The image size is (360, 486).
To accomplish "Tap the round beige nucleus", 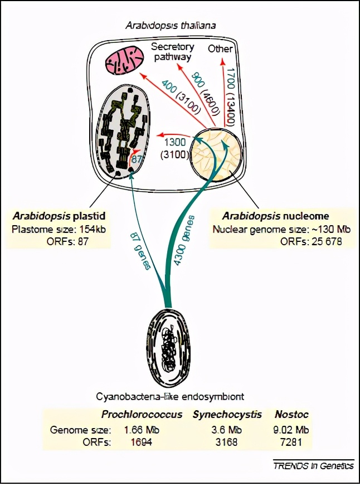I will click(x=216, y=153).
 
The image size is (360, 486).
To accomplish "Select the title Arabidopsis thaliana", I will click(x=171, y=26).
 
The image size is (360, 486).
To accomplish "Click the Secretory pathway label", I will click(x=171, y=52).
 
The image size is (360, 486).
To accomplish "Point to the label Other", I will click(x=220, y=49).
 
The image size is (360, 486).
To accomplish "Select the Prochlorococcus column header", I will click(x=142, y=415).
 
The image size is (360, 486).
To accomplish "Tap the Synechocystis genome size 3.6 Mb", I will click(x=228, y=430).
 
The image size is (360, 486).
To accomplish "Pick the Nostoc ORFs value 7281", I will click(x=292, y=443).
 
